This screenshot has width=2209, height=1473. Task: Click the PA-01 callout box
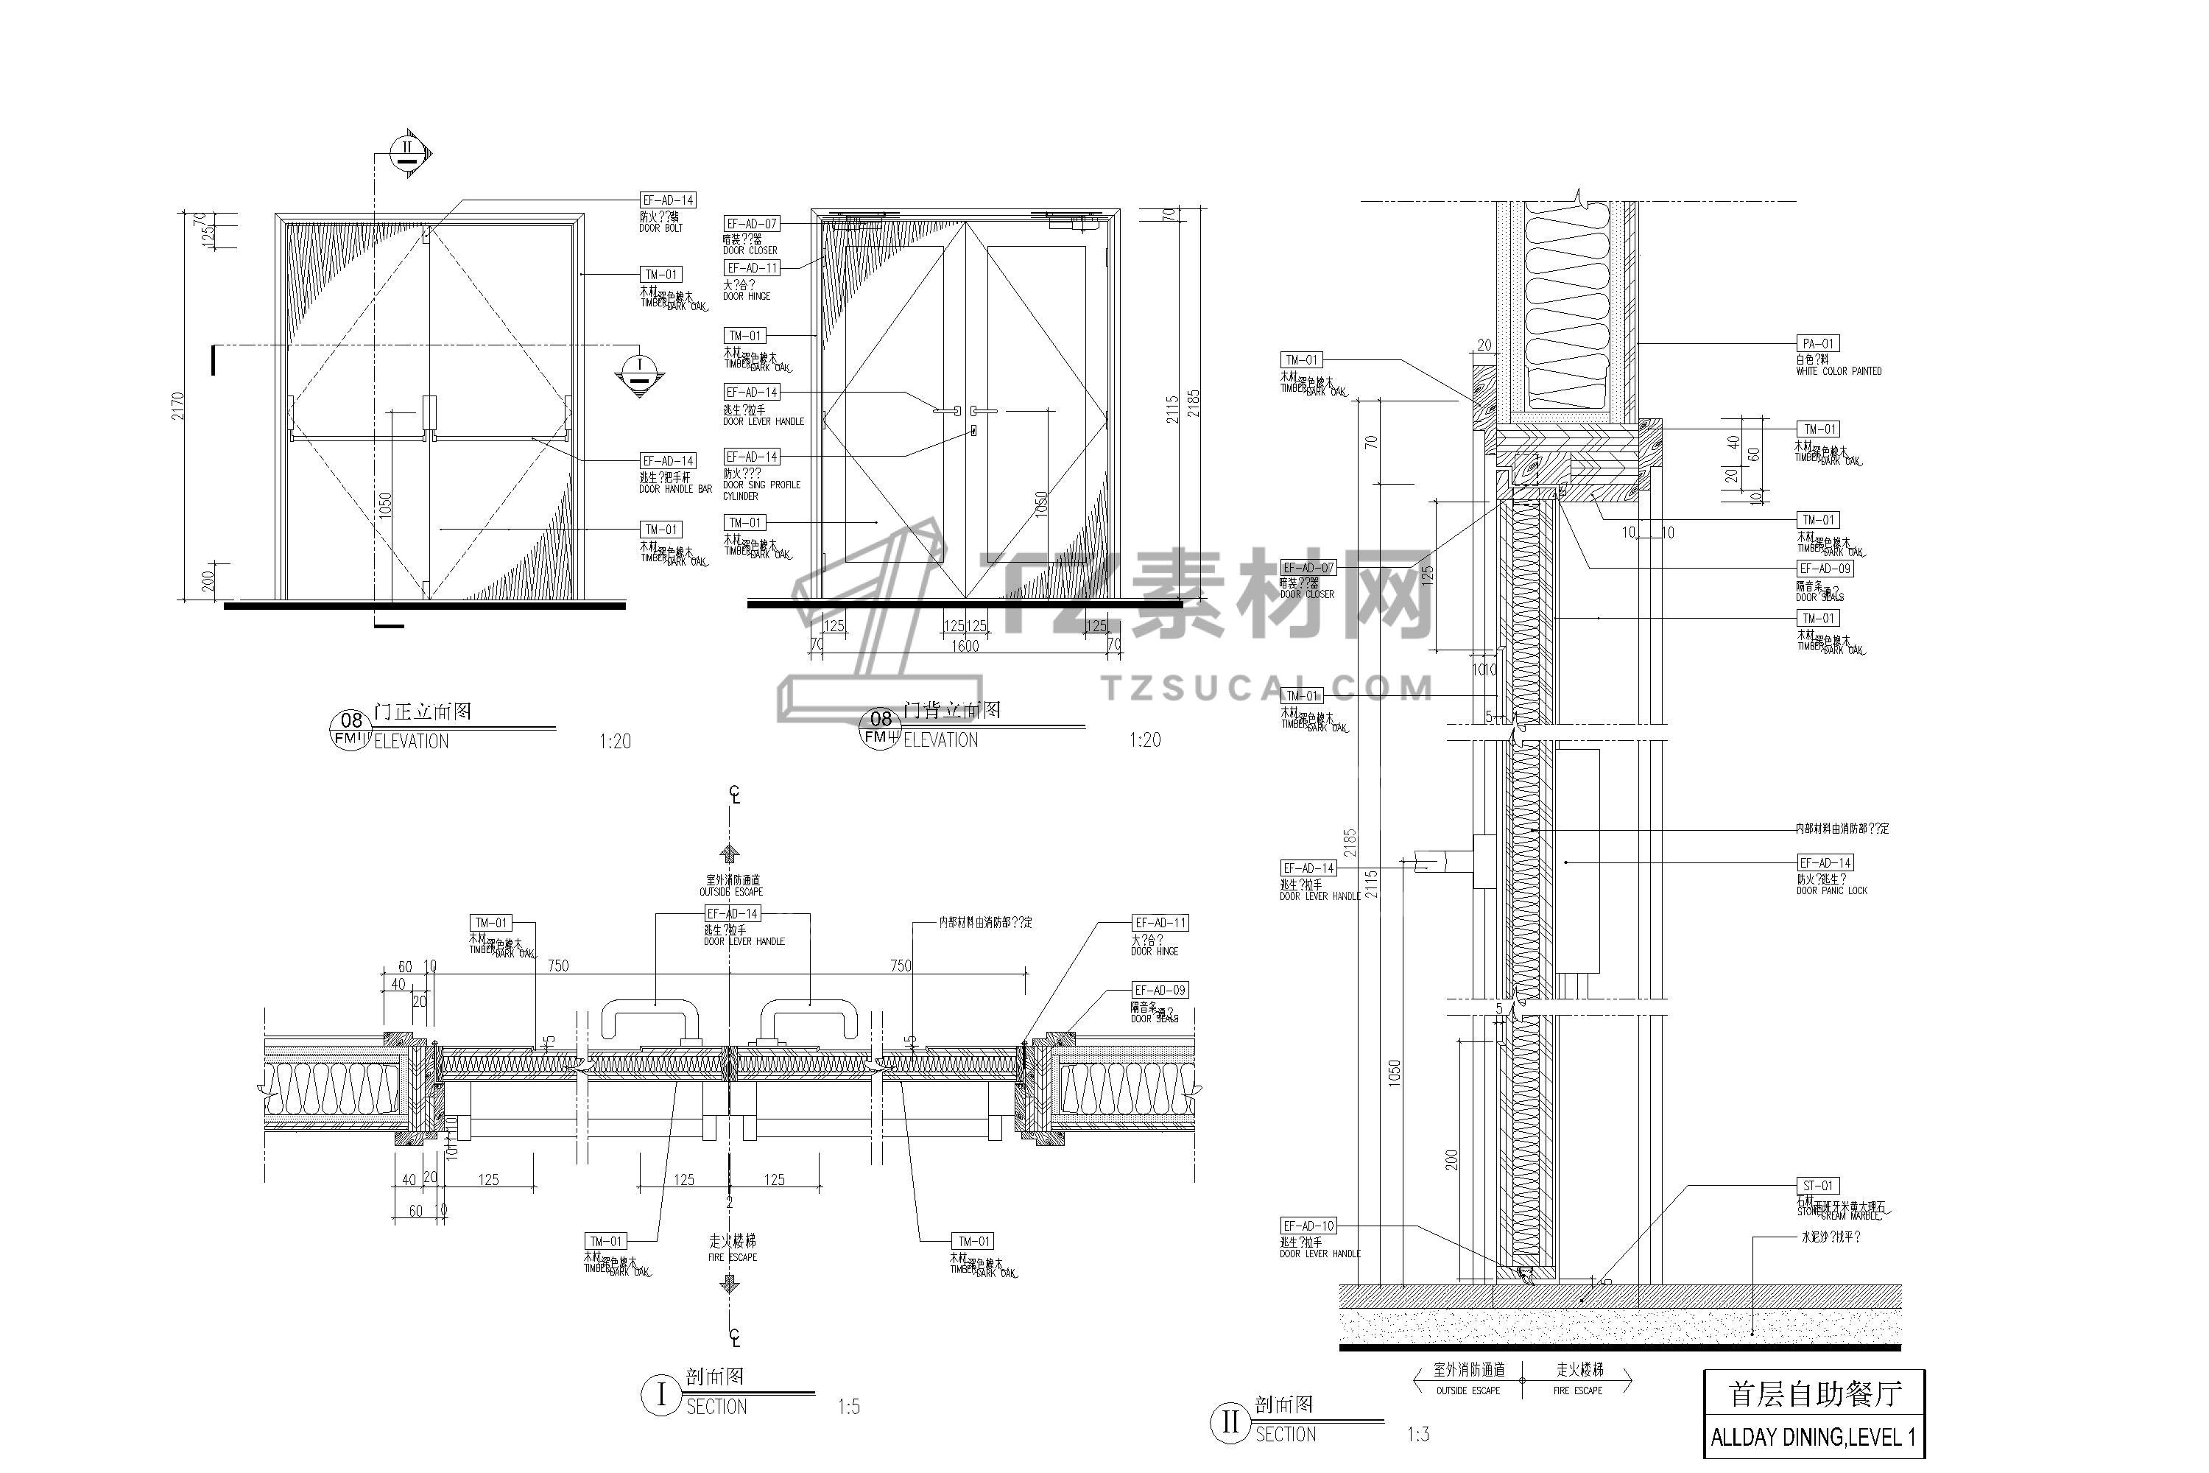(1817, 344)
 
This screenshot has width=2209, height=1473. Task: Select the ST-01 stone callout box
(1817, 1186)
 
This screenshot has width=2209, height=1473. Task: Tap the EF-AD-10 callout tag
(1308, 1226)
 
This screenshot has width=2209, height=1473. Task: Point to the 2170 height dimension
(178, 406)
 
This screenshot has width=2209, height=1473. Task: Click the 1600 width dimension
(965, 647)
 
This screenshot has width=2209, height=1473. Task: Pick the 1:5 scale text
(848, 1407)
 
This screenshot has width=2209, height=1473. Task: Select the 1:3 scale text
(1418, 1435)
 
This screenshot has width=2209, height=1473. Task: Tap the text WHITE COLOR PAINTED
(1838, 372)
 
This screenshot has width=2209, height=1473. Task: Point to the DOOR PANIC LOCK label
(1831, 890)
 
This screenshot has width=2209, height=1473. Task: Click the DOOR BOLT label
(661, 228)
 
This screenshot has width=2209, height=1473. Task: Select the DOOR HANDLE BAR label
(675, 490)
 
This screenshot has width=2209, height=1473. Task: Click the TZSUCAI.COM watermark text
(1268, 689)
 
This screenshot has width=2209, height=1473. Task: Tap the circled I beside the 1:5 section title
(660, 1396)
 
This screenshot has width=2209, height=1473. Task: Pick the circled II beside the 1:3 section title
(1230, 1423)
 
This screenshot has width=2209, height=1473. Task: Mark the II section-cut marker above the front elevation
(406, 151)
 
